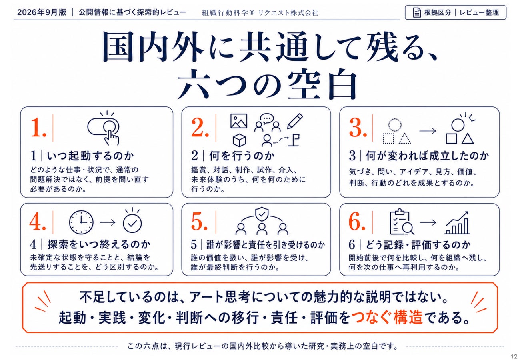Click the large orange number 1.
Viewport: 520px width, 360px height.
tap(38, 127)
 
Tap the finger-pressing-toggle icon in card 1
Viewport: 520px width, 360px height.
tap(104, 128)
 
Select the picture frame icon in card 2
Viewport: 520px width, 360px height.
tap(239, 121)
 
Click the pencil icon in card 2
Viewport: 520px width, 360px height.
tap(295, 121)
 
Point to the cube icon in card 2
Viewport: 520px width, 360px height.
tap(239, 140)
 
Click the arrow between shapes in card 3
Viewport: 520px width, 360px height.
tap(428, 131)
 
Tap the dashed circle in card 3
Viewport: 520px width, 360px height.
tap(395, 125)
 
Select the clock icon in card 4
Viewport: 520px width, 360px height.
tap(81, 222)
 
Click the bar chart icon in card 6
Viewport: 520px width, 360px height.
tap(457, 223)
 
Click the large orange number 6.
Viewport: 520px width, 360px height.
tap(357, 222)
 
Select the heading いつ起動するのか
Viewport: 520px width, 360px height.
tap(90, 156)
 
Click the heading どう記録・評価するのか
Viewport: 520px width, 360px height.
tap(418, 245)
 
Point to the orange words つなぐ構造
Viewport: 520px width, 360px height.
tap(387, 317)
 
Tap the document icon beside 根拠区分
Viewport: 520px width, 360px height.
tap(417, 12)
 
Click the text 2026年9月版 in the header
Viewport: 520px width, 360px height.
tap(42, 12)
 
